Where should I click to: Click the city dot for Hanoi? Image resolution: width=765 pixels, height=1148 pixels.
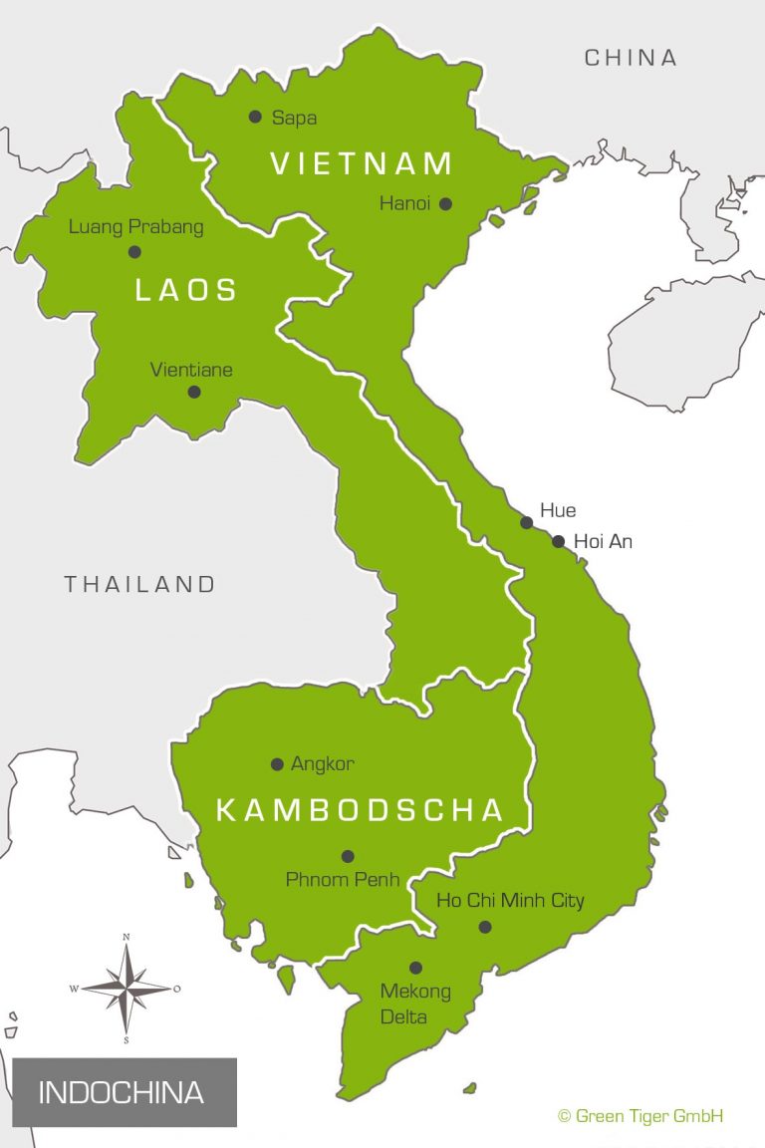click(445, 204)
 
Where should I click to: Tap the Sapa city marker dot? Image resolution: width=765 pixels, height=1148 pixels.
click(256, 117)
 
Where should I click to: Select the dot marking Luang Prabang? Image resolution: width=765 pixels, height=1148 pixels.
click(134, 251)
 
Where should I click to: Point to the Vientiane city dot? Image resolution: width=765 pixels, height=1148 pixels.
click(194, 392)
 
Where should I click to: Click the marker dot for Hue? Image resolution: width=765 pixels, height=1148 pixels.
click(526, 522)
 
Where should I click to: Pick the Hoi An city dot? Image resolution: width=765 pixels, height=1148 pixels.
click(558, 542)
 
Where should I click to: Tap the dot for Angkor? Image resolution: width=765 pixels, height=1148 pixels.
click(277, 764)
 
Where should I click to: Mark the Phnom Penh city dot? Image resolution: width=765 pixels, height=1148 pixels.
click(348, 856)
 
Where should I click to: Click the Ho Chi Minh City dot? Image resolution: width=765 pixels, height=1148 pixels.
click(485, 927)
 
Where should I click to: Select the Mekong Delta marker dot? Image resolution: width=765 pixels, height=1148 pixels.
click(415, 968)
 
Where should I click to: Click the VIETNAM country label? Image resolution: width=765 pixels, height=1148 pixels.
click(363, 163)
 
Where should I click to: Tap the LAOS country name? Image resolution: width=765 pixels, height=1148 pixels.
click(186, 290)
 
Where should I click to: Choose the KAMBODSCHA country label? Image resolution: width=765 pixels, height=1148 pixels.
click(361, 810)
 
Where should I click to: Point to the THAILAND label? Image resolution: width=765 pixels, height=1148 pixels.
click(139, 584)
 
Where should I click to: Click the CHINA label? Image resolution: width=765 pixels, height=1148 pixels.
click(631, 58)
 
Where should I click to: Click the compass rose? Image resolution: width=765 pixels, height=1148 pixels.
click(127, 988)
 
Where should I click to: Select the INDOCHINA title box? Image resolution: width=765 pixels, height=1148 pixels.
click(125, 1092)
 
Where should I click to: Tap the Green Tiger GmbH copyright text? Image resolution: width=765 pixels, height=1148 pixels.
click(639, 1116)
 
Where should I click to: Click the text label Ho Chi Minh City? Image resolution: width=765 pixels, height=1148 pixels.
click(510, 901)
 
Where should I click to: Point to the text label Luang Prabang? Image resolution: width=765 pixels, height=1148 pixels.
click(135, 227)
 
